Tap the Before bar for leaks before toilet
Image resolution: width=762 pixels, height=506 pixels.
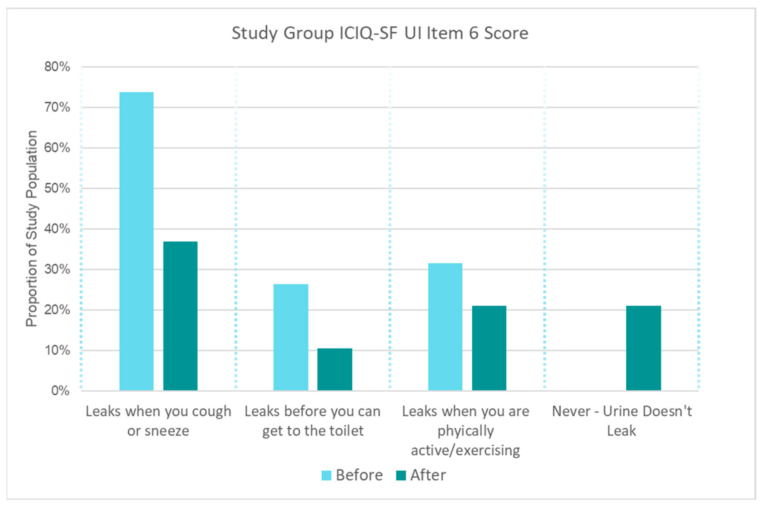coord(291,337)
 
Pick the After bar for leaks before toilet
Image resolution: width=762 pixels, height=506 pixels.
coord(335,369)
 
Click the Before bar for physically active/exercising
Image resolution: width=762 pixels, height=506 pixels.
coord(445,327)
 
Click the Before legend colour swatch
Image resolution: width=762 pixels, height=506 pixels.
coord(326,475)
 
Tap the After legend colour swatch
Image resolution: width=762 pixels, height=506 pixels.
coord(401,475)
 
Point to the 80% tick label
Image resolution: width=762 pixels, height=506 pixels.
coord(57,67)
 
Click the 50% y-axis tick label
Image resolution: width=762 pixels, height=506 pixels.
coord(57,188)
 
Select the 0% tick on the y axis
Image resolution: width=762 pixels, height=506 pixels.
coord(60,391)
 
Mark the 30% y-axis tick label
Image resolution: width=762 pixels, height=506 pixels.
coord(57,269)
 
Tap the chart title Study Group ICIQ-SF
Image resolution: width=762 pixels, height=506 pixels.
coord(380,33)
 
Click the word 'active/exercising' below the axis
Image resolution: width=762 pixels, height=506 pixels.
coord(465,450)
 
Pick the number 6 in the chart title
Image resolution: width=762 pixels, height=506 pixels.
coord(474,33)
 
